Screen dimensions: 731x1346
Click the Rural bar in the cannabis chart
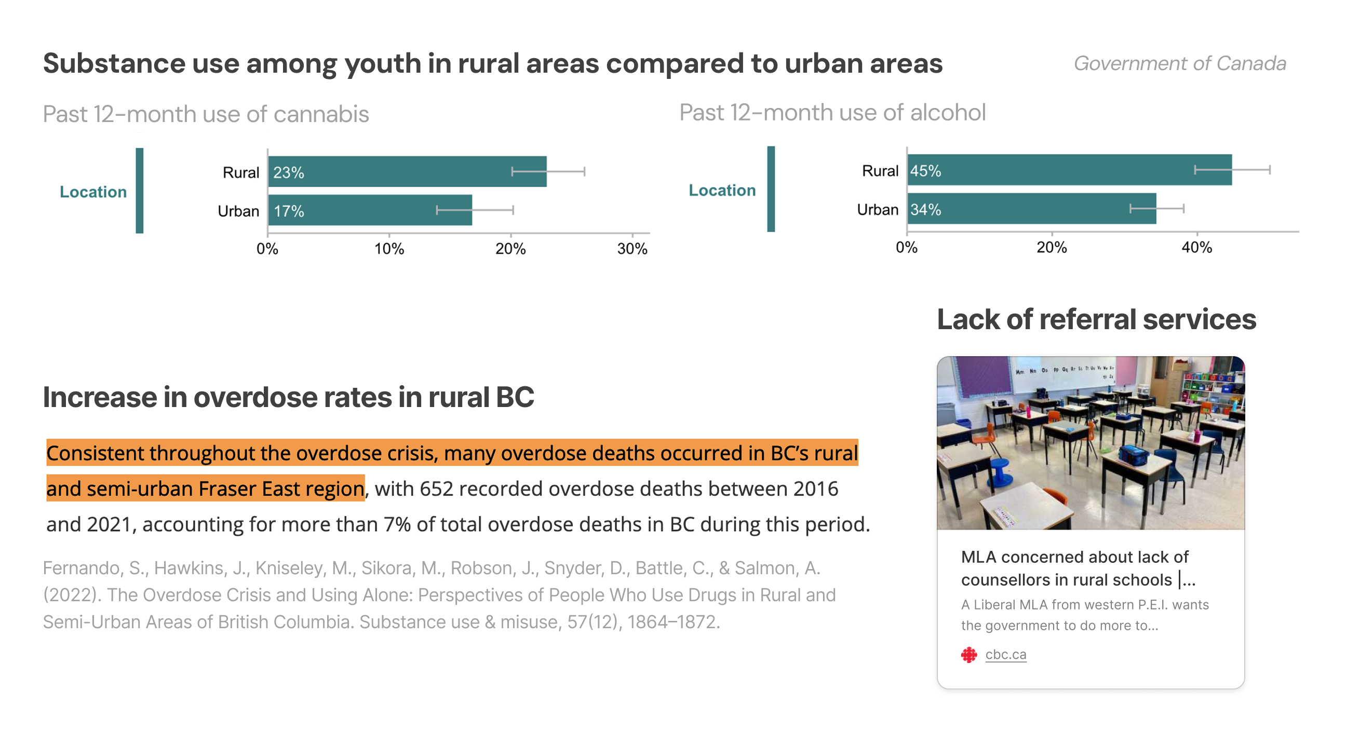click(407, 171)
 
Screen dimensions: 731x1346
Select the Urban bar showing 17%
click(370, 210)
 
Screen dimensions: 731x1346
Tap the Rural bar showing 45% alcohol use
click(1069, 170)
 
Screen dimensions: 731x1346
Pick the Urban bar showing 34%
click(1031, 209)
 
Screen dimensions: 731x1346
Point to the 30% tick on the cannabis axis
click(632, 248)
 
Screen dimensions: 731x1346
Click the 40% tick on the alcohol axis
click(1196, 247)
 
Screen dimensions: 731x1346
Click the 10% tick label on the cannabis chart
click(389, 248)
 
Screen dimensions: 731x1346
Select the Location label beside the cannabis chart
click(93, 192)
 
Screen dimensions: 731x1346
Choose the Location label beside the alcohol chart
click(722, 190)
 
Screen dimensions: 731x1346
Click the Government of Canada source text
click(1179, 63)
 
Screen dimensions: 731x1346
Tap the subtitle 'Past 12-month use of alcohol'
click(832, 112)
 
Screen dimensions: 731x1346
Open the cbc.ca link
click(1005, 654)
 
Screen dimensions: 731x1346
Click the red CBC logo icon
click(969, 654)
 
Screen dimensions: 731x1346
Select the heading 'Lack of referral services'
click(1096, 319)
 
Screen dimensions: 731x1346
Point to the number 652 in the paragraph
click(436, 489)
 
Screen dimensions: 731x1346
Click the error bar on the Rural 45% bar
click(1232, 170)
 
